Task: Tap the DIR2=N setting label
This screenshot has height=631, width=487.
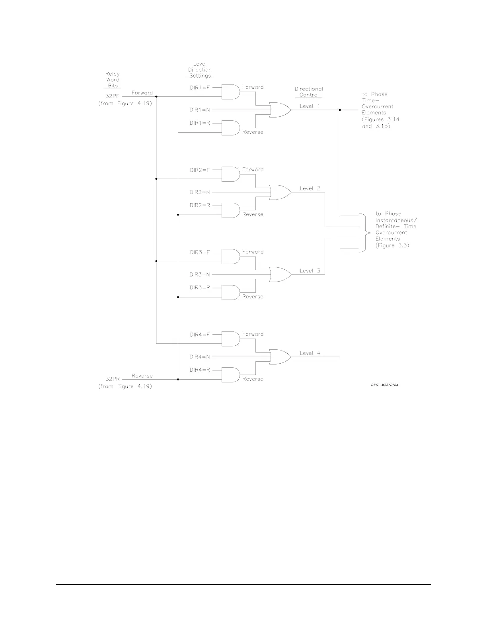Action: (200, 192)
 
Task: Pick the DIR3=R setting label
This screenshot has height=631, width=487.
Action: (200, 288)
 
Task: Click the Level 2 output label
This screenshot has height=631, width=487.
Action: (310, 188)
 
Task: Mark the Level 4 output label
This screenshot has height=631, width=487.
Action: (310, 353)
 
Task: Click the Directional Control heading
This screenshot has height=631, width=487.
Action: (309, 92)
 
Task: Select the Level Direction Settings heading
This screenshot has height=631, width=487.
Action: (200, 70)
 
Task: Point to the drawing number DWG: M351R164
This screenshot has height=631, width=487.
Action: (382, 385)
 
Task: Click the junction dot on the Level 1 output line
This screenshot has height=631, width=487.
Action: (340, 110)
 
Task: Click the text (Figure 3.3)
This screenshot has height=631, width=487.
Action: (392, 245)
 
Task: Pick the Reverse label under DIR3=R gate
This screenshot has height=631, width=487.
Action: (253, 297)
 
